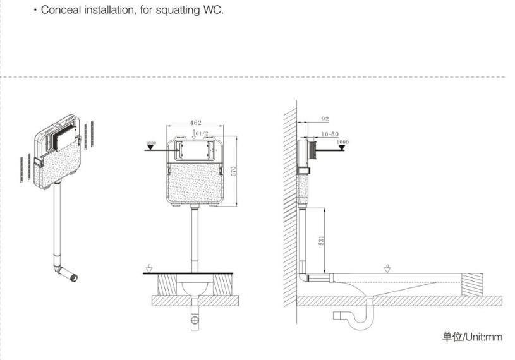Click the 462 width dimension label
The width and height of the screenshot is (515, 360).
(195, 123)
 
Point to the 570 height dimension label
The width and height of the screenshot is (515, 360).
(233, 171)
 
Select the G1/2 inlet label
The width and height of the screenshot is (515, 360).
(202, 134)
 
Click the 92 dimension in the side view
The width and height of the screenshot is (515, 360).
(325, 119)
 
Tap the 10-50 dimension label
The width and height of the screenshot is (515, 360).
(329, 134)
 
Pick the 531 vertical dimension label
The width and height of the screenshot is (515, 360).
(322, 241)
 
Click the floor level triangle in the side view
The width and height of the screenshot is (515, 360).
(387, 268)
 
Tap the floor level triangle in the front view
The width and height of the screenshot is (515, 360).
(148, 268)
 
